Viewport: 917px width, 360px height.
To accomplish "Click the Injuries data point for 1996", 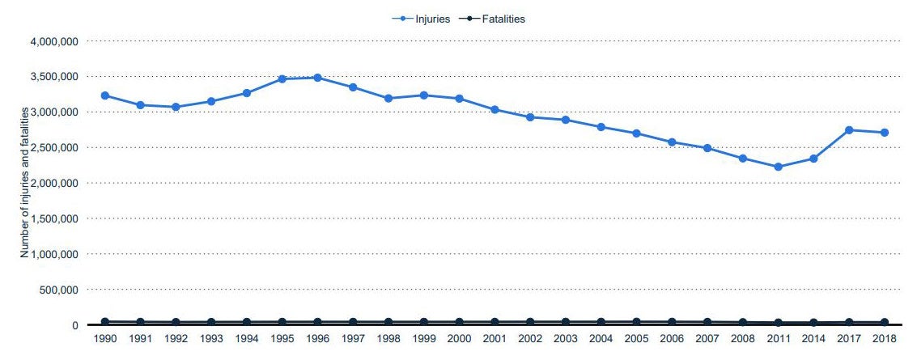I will tap(317, 78).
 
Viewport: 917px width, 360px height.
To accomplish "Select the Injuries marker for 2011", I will tap(778, 167).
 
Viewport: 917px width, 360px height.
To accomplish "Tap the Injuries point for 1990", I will tap(105, 95).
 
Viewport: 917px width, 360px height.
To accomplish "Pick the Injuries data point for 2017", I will tap(849, 130).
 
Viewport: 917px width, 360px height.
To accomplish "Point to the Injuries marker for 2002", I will tap(530, 117).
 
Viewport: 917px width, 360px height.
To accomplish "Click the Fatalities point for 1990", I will tap(105, 322).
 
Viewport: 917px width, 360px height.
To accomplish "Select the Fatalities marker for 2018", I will tap(885, 322).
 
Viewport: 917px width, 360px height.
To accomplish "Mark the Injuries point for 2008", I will tap(742, 159).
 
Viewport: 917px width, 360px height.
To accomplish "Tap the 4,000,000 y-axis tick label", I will tap(53, 41).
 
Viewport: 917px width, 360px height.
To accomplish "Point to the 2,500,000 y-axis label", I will tap(53, 148).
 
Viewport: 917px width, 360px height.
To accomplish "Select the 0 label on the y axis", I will tap(74, 325).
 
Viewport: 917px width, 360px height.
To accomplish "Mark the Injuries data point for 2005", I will tap(636, 133).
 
